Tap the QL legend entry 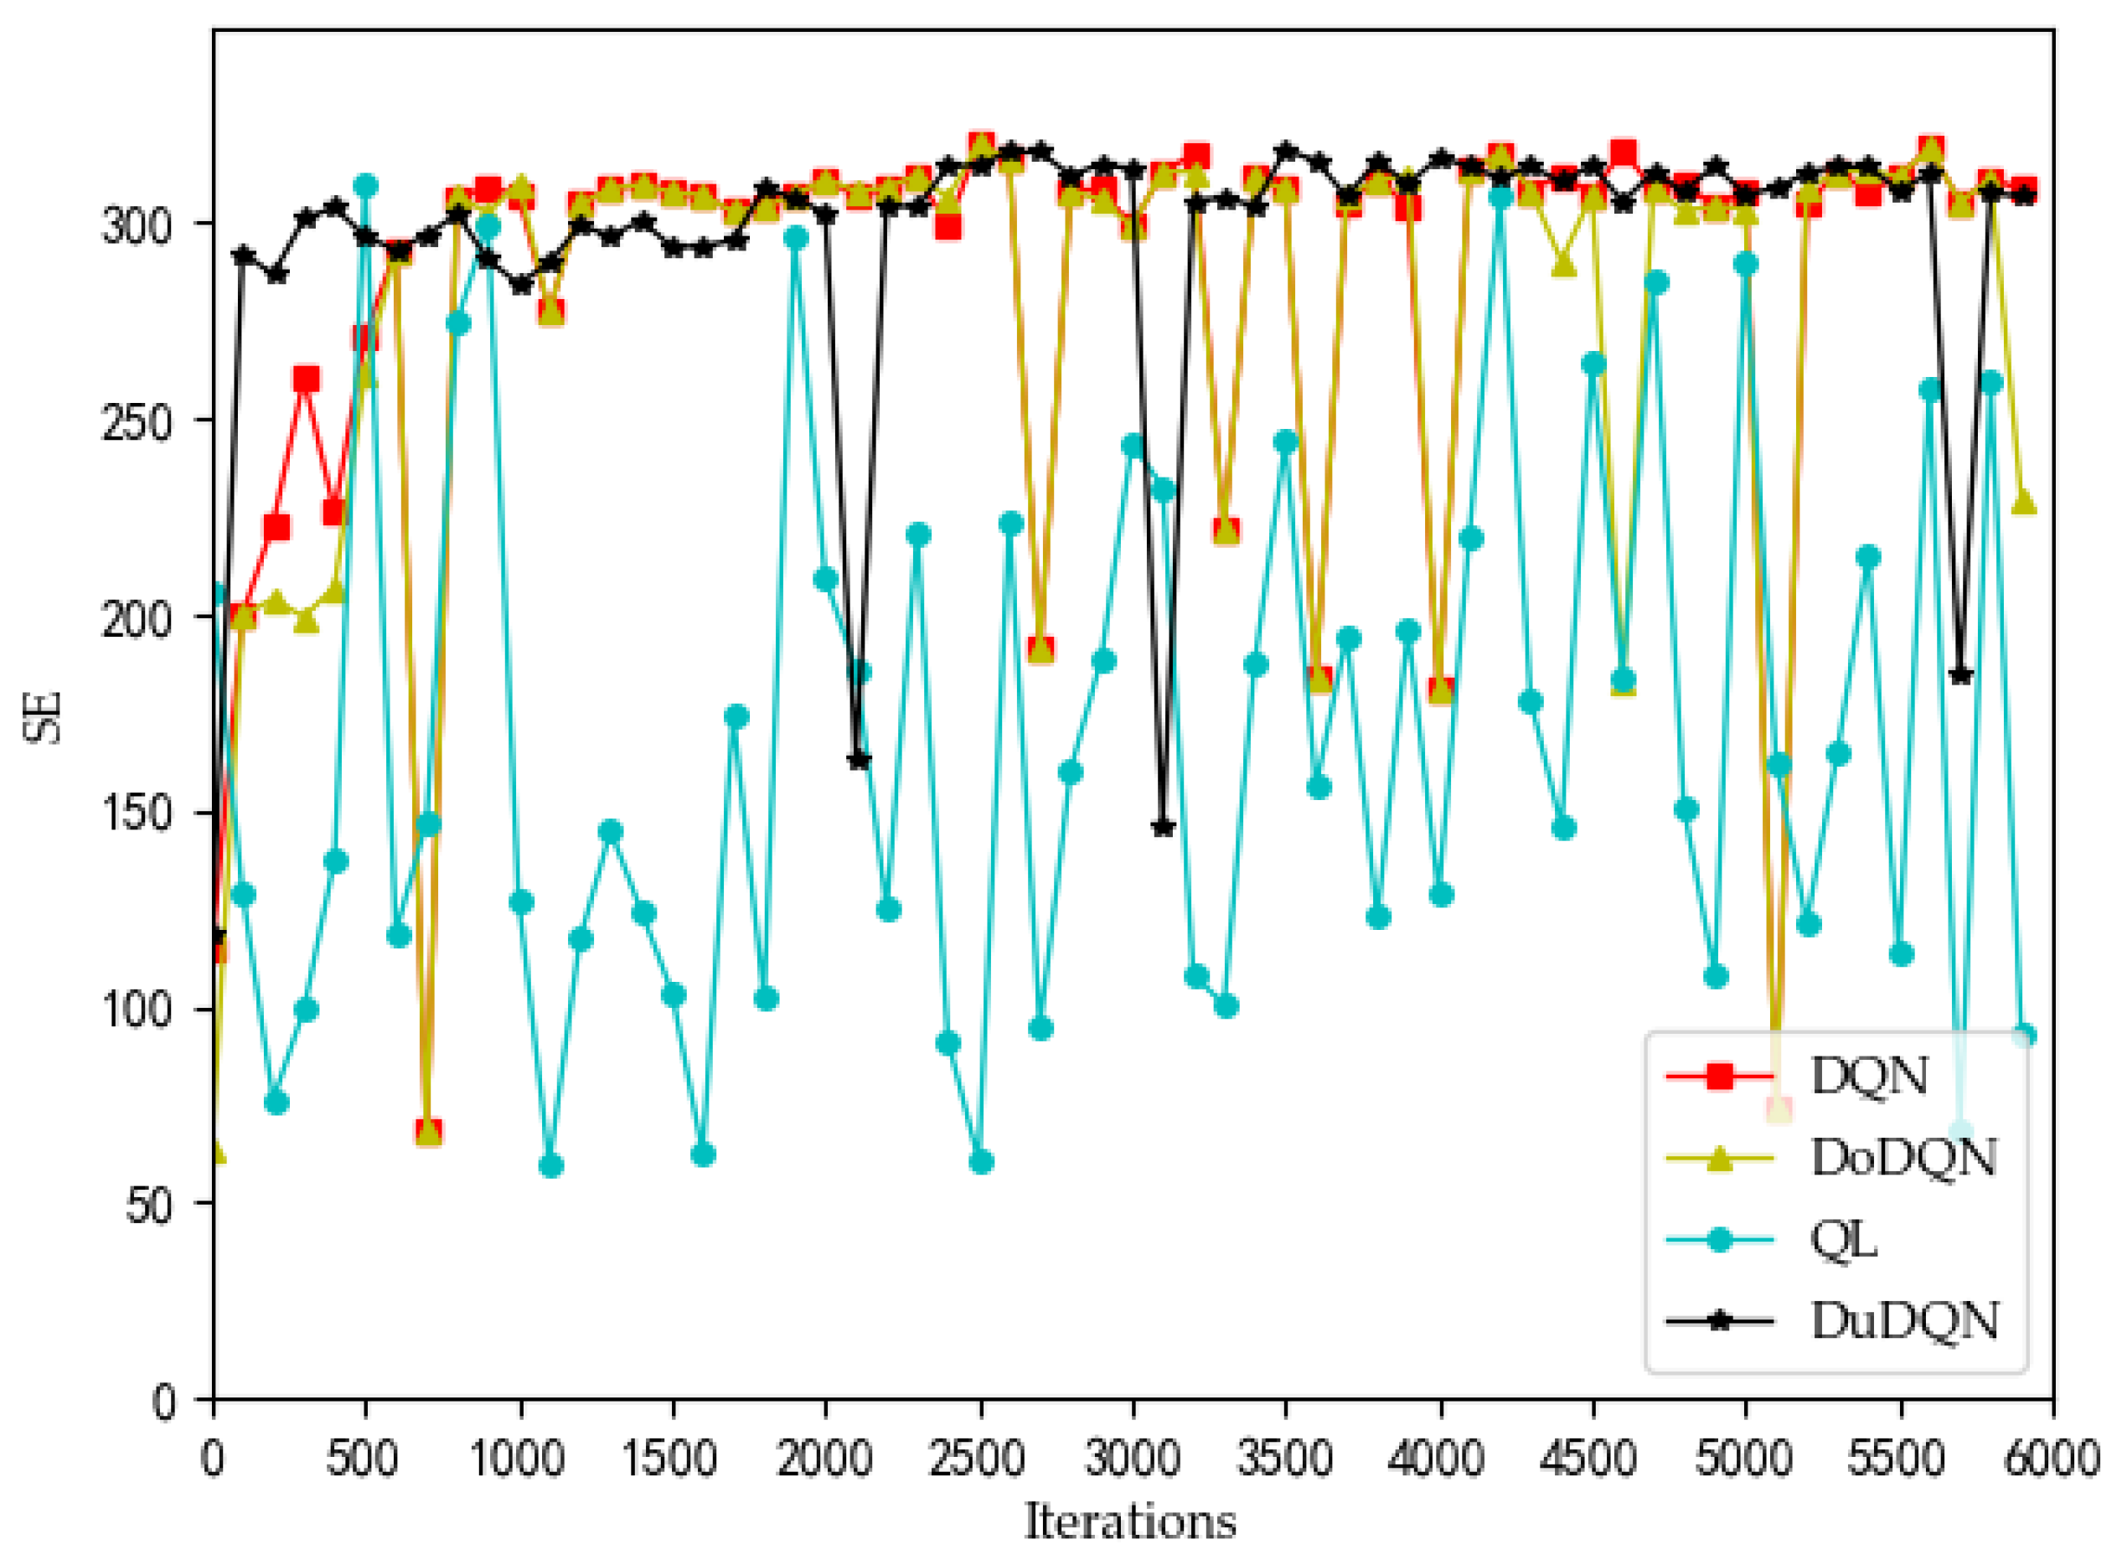point(1843,1239)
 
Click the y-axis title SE point(44,716)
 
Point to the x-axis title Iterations point(1130,1521)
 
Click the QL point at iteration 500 point(365,186)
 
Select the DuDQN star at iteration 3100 point(1163,827)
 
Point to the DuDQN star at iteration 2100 point(858,760)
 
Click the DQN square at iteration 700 point(428,1131)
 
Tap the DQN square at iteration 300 point(306,380)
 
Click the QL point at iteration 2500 point(980,1161)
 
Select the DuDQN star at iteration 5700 point(1960,675)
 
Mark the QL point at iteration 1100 point(550,1165)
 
